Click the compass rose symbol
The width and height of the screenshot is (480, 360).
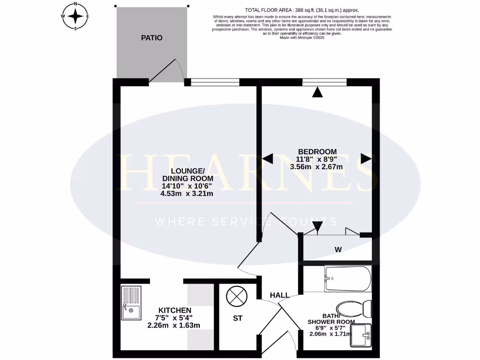pos(75,16)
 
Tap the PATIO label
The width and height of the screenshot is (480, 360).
pos(152,37)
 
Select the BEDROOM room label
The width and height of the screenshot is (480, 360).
pos(317,151)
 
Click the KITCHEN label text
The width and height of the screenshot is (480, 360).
pos(175,310)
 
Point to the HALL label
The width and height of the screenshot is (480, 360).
pos(279,295)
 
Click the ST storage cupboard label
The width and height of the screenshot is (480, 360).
pos(238,318)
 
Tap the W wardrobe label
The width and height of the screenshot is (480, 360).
pos(337,249)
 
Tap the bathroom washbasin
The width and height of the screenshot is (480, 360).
pos(360,336)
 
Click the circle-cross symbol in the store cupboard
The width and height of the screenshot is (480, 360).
pos(234,297)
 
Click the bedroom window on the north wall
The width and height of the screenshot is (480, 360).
pos(324,82)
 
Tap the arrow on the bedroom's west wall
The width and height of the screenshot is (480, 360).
pos(268,159)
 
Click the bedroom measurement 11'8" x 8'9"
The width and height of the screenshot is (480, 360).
pos(317,159)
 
